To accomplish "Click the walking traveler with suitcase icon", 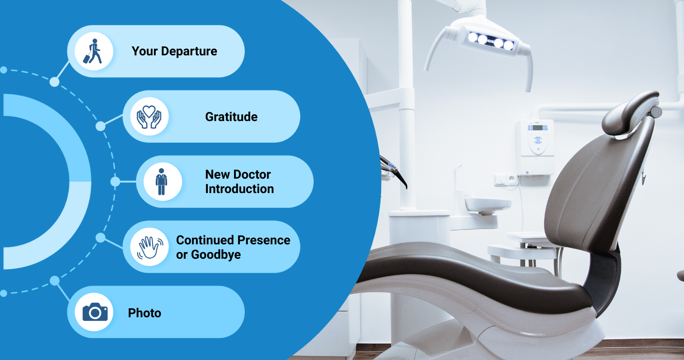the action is click(x=93, y=51).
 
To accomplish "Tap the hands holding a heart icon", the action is click(x=149, y=117).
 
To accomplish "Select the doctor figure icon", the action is click(x=161, y=182).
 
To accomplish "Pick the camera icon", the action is click(x=95, y=312).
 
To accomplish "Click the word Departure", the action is click(x=189, y=51).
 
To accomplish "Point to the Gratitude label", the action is click(x=231, y=117).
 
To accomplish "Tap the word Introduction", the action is click(x=239, y=189).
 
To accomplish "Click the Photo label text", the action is click(x=144, y=313).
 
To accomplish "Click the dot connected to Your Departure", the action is click(x=54, y=82).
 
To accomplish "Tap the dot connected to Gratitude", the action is click(x=100, y=126).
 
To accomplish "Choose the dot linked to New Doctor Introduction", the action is click(x=115, y=182).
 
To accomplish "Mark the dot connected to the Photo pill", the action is click(x=54, y=281).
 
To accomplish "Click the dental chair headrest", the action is click(x=629, y=114).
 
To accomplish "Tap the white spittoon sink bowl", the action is click(x=488, y=204).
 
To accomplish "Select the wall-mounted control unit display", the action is click(x=537, y=128).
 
